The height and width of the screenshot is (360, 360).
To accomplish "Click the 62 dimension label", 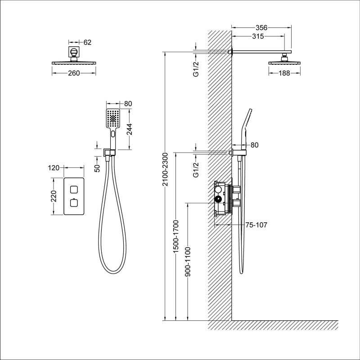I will click(x=87, y=42).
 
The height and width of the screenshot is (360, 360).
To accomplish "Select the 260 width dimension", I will click(x=74, y=73).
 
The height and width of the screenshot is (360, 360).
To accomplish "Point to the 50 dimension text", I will click(x=96, y=167).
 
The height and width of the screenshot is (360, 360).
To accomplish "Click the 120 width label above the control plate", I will click(x=54, y=168).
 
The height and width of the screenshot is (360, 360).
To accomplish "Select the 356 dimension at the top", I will click(x=261, y=27).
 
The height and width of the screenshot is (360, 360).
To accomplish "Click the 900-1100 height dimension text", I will click(x=187, y=261).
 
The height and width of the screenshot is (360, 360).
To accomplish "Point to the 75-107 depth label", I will click(x=256, y=225).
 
